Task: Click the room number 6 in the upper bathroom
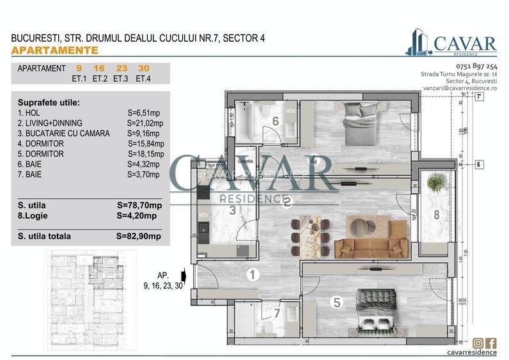click(258, 121)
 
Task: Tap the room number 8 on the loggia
click(436, 215)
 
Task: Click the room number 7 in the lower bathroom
click(277, 313)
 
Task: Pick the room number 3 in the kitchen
click(233, 209)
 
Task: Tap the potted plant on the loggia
click(435, 184)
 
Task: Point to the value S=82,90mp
click(139, 236)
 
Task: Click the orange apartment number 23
click(120, 68)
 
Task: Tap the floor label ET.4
click(143, 79)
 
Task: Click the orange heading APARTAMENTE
click(55, 50)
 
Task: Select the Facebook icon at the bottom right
click(490, 343)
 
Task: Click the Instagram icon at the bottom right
click(478, 343)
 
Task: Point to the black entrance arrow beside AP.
click(184, 276)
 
